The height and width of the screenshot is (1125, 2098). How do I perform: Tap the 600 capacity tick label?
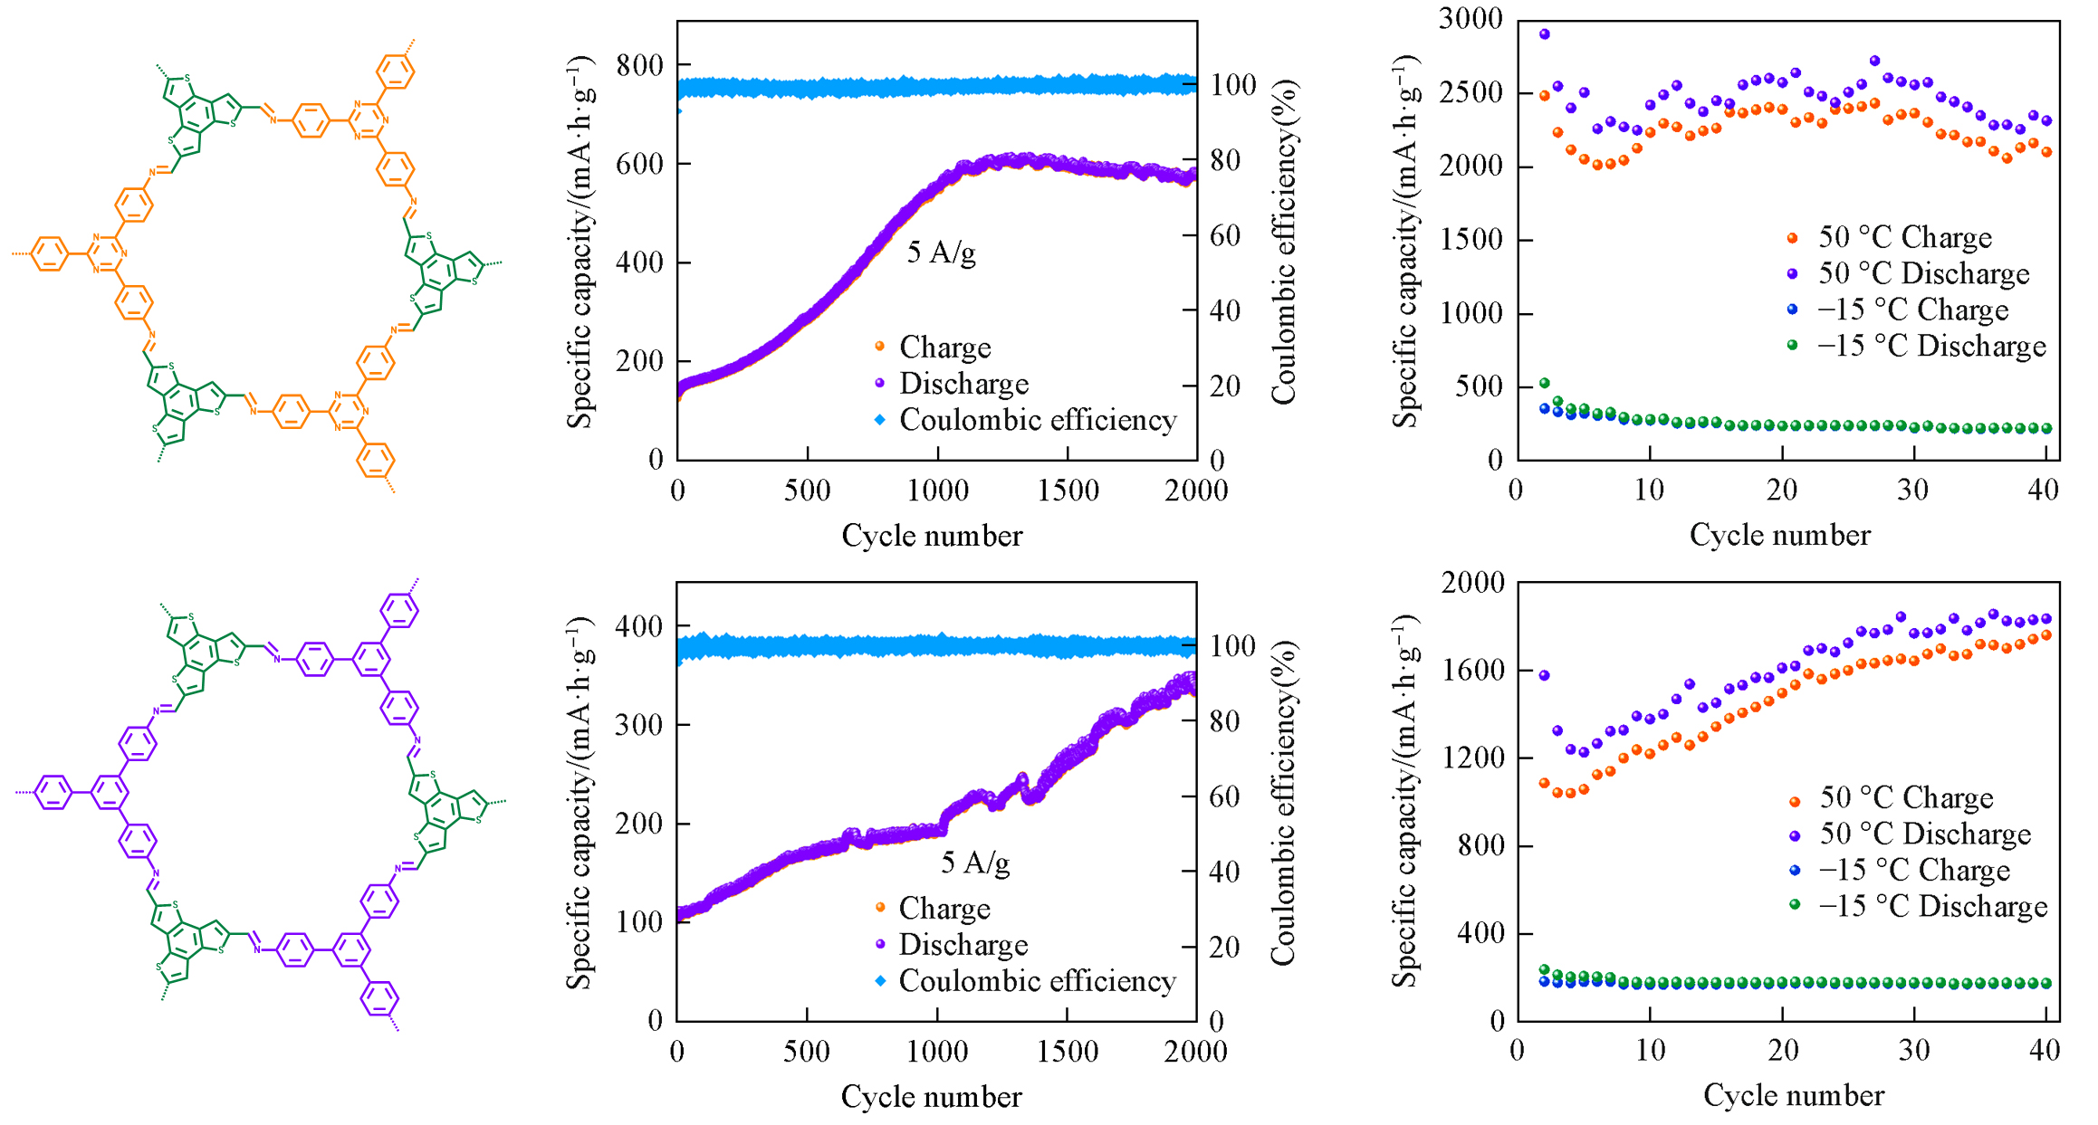(639, 164)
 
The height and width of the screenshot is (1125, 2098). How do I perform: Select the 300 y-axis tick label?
(639, 725)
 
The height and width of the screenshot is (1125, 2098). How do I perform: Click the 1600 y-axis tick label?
(1472, 671)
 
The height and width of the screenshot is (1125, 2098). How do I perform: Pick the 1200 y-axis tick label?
(1472, 758)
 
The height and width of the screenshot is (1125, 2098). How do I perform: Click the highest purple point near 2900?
(1544, 34)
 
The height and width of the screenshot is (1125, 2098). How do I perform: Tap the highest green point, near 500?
(1544, 383)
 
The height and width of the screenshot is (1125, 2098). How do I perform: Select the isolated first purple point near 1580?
(1544, 675)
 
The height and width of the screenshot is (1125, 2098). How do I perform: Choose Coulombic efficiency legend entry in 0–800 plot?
(1037, 420)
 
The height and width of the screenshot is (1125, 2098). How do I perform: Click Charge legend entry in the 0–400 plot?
(944, 908)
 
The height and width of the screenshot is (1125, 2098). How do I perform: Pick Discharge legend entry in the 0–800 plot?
(963, 384)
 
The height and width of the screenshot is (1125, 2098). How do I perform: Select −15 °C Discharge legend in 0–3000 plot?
(1931, 346)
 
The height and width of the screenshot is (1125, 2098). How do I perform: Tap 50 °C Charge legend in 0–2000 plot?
(1906, 797)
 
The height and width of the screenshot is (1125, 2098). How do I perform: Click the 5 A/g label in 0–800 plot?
(941, 252)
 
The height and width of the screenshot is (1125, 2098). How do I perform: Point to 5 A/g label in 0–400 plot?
(975, 862)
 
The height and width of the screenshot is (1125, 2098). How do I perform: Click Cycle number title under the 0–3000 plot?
(1779, 535)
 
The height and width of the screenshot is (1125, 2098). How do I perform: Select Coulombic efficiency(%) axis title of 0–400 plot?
(1283, 802)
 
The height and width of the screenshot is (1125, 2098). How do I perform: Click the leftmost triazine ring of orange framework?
(107, 254)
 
